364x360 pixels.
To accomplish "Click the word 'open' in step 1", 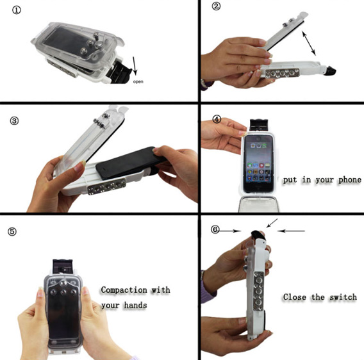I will coord(139,82).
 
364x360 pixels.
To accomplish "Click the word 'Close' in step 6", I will coord(295,298).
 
